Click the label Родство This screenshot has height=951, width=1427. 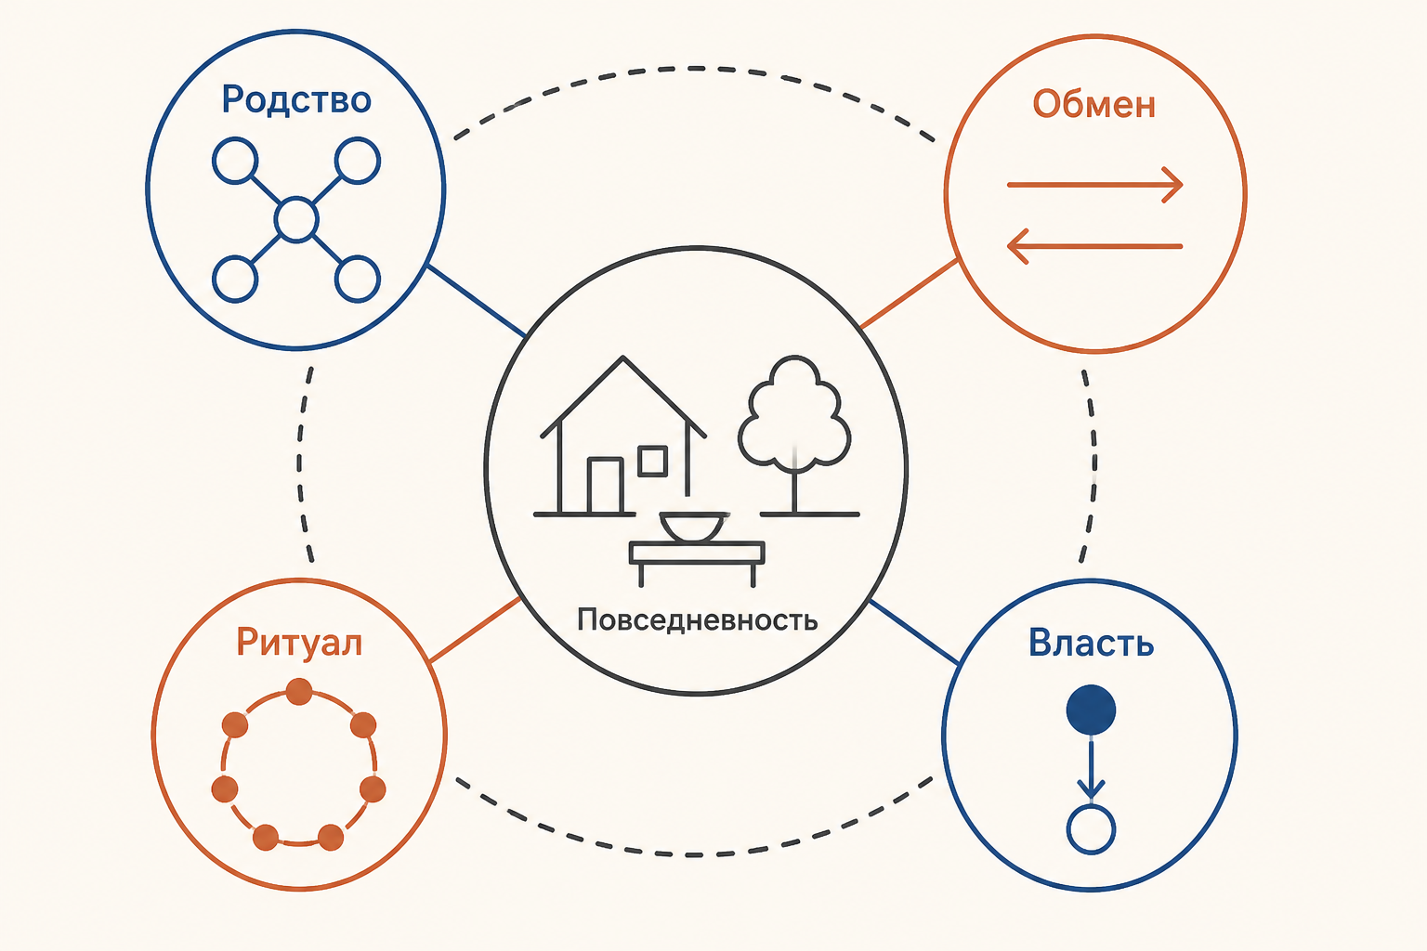296,100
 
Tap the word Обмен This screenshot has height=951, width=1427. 1093,104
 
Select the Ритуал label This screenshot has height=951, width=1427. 299,643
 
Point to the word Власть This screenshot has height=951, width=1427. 1091,643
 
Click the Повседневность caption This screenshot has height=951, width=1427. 697,619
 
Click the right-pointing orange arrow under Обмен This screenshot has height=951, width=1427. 1094,185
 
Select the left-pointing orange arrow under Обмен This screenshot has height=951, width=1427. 1094,246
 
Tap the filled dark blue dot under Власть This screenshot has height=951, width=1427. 1091,710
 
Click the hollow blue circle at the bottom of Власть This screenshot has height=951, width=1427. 1091,829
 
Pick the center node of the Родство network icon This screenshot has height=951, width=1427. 296,220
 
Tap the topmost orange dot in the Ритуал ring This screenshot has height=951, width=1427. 299,692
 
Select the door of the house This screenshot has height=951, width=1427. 605,486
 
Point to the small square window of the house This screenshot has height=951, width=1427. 652,462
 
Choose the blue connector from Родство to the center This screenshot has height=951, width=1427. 477,301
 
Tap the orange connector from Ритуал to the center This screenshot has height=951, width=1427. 476,630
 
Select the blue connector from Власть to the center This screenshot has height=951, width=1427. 914,632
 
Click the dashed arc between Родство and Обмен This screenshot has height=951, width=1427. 694,68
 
